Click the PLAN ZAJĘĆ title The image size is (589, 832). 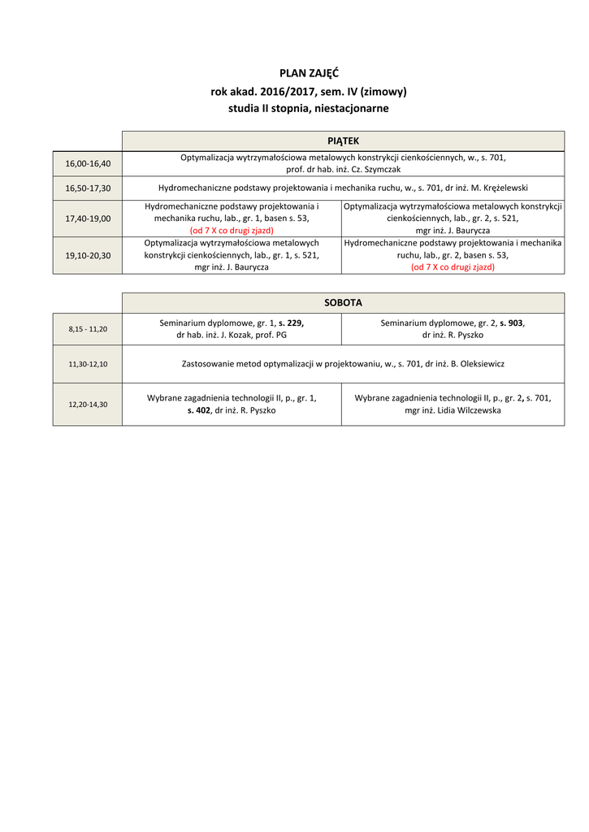[309, 74]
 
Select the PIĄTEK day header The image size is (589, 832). [343, 141]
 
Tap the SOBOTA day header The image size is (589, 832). [343, 302]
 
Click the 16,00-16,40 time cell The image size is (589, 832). [88, 163]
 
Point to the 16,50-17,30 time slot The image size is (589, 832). [88, 188]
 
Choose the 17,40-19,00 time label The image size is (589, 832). [88, 219]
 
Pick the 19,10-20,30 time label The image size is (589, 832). [88, 255]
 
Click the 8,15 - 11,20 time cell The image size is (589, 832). [88, 329]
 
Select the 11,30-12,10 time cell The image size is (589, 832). [88, 364]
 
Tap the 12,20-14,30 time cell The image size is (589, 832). [88, 404]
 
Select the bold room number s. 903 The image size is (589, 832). [512, 323]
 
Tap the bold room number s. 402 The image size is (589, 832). [199, 410]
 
